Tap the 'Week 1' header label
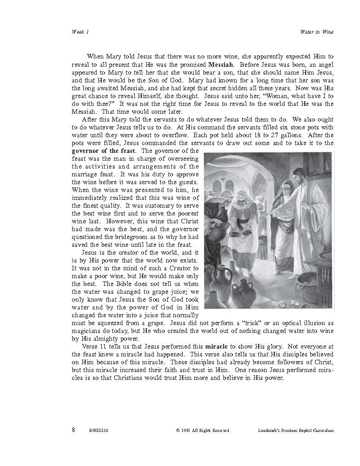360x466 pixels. tap(81, 32)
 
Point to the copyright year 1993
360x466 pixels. tap(186, 431)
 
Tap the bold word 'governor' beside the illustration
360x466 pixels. tap(86, 151)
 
